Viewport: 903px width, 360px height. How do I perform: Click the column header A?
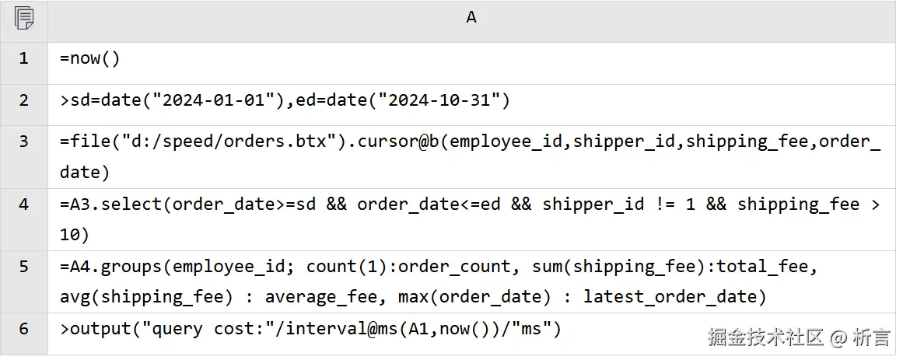471,17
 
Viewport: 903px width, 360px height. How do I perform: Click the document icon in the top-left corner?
23,18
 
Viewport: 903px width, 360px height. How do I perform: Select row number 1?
23,58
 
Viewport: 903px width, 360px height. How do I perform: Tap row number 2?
23,100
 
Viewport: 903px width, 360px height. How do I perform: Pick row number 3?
23,142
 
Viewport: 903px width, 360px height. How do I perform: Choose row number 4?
23,204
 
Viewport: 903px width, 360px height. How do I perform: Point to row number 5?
23,267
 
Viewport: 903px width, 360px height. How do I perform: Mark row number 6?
23,329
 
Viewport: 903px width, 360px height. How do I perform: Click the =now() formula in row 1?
90,59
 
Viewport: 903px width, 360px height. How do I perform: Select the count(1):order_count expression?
408,267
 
